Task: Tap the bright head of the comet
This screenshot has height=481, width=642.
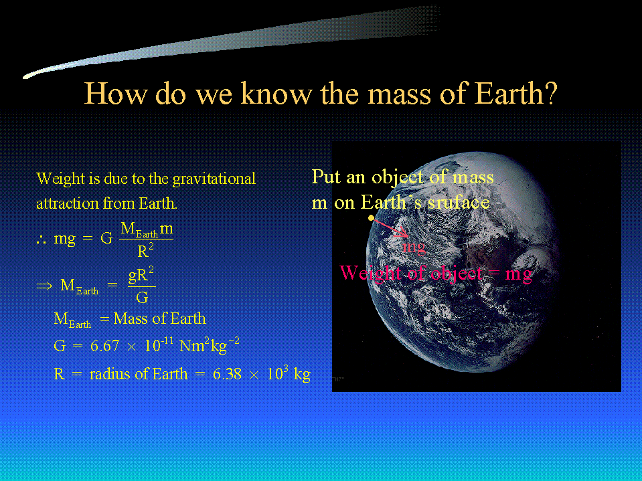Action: pos(29,75)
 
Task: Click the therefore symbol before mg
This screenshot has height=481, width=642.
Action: pos(41,239)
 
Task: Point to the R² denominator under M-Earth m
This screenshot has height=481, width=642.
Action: pos(146,250)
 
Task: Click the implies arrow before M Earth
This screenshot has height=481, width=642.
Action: pos(44,285)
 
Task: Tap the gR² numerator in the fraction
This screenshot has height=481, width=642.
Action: pos(141,275)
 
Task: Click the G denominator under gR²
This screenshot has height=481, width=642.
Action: pos(142,297)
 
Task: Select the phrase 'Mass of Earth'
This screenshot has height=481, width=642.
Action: pos(160,318)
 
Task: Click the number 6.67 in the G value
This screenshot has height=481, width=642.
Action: pos(105,346)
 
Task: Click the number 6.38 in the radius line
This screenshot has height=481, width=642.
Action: pos(227,374)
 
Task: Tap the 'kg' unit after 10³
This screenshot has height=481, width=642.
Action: pos(302,375)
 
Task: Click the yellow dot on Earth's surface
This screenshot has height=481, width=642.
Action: pos(371,218)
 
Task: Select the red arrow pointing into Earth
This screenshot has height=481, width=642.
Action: pos(390,228)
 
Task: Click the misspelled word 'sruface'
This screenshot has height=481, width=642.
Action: pos(458,202)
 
